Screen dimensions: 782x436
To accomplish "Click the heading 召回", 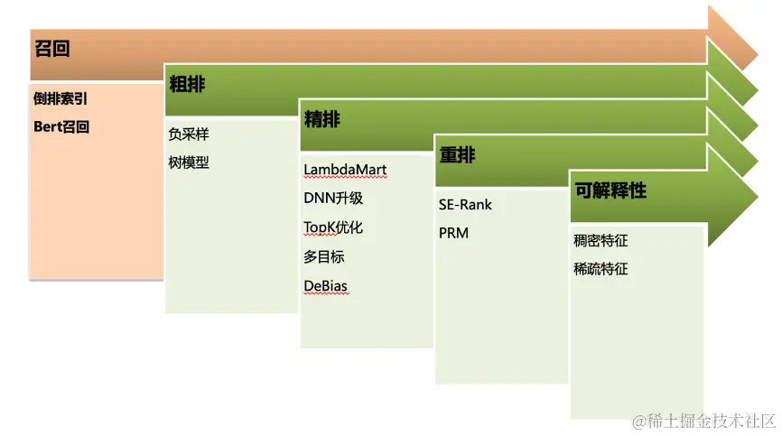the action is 51,49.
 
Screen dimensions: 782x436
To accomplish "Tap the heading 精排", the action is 322,120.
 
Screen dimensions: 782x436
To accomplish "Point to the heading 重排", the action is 457,155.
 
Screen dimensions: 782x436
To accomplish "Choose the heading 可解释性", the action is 610,191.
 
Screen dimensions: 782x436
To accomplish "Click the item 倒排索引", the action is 61,99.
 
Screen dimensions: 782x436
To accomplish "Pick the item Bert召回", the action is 61,127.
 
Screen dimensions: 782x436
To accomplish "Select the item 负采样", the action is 188,135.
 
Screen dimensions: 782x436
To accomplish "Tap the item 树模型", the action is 188,163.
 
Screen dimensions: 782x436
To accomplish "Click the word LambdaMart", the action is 345,170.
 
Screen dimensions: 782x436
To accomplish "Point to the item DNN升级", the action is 333,199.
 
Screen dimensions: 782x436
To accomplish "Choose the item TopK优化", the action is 333,227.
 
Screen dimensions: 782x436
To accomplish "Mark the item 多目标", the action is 323,256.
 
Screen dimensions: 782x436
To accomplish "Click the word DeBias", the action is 326,286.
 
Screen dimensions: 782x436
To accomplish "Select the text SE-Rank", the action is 465,205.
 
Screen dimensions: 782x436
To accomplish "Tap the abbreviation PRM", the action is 453,234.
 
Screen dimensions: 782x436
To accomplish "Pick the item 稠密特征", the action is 600,241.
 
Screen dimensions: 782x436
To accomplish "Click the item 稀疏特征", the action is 600,269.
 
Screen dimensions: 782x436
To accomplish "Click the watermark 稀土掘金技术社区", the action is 703,422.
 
